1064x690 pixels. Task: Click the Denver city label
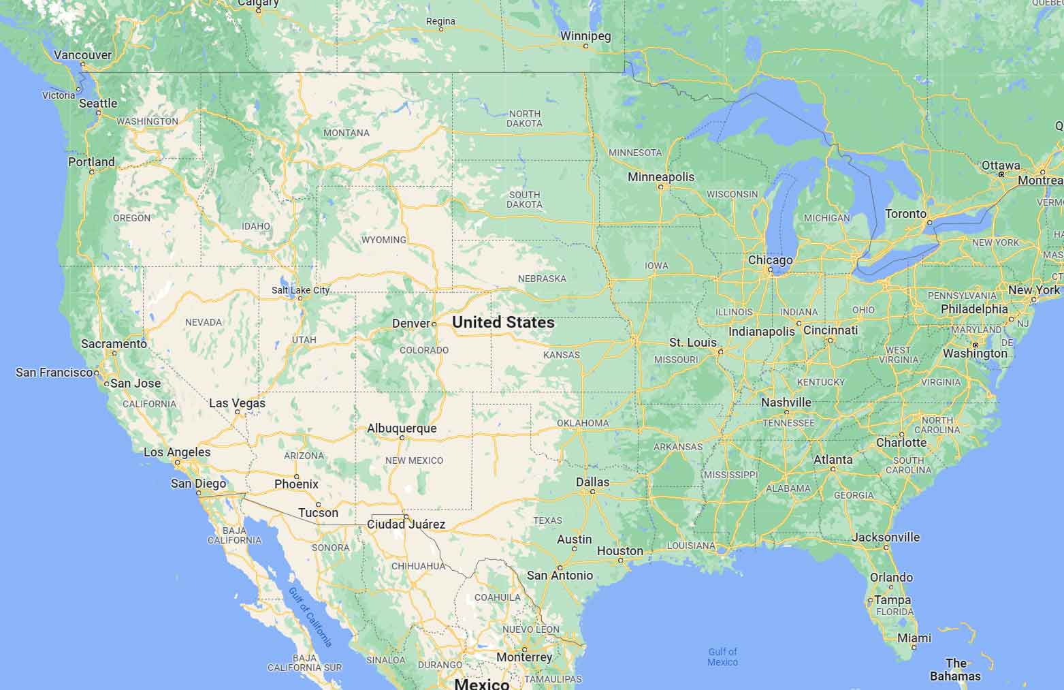tap(410, 323)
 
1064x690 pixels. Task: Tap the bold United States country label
tap(503, 322)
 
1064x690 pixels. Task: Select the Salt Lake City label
tap(300, 290)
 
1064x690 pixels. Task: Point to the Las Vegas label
tap(237, 403)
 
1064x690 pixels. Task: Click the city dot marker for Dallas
tap(593, 491)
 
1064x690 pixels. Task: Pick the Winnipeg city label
tap(585, 36)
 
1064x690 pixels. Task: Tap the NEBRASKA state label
tap(542, 279)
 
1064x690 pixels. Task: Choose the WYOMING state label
tap(384, 240)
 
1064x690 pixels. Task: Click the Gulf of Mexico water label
tap(722, 657)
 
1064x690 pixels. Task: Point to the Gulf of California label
tap(310, 617)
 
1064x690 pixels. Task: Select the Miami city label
tap(914, 638)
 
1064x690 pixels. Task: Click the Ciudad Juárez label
tap(406, 524)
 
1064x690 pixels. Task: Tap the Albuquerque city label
tap(402, 428)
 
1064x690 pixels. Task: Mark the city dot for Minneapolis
tap(660, 187)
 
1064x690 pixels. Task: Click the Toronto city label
tap(905, 214)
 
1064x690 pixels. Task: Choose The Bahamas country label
tap(956, 670)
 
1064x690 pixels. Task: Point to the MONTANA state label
tap(346, 133)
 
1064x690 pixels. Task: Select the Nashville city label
tap(786, 403)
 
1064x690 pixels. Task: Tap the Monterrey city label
tap(524, 657)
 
